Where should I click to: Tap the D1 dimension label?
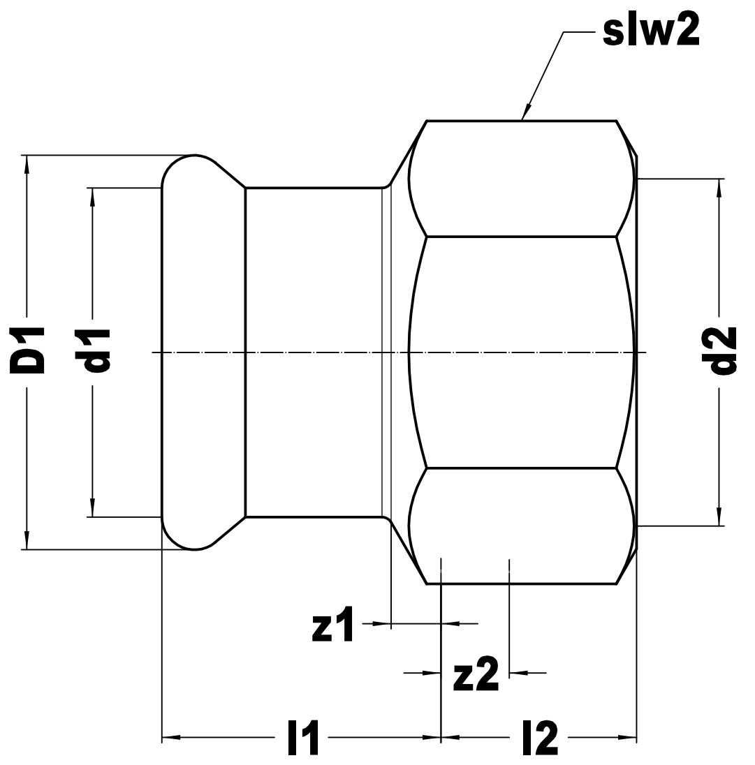pyautogui.click(x=27, y=351)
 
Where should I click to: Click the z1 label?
pyautogui.click(x=333, y=624)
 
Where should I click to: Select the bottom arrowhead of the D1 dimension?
pyautogui.click(x=27, y=540)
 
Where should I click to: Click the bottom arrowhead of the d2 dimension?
pyautogui.click(x=719, y=517)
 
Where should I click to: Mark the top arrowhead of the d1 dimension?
pyautogui.click(x=92, y=196)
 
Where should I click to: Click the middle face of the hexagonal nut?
pyautogui.click(x=522, y=352)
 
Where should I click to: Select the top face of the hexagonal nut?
pyautogui.click(x=522, y=179)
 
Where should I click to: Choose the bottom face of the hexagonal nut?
pyautogui.click(x=522, y=526)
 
